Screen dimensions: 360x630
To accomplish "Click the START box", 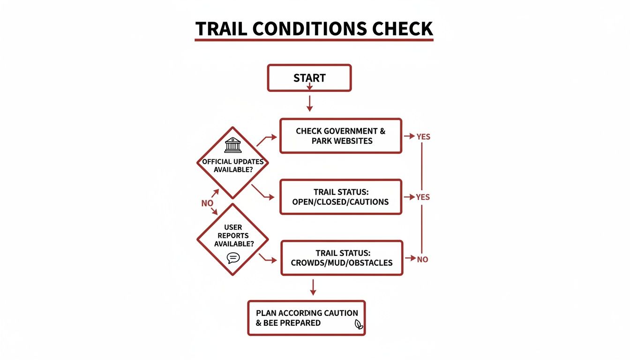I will tap(309, 77).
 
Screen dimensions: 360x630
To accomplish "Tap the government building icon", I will tap(233, 145).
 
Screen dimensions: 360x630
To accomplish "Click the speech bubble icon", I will tap(233, 258).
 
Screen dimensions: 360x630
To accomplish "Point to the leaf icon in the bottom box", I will tap(359, 324).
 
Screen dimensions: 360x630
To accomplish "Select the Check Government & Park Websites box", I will tap(340, 136).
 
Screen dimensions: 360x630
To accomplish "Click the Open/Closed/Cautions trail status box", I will tap(340, 197).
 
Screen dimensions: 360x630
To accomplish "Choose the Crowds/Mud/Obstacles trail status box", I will tap(341, 258).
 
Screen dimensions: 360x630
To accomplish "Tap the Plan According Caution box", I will tap(306, 318).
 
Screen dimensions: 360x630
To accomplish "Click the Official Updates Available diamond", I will tap(233, 163).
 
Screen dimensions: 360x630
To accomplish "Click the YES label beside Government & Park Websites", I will tap(423, 137).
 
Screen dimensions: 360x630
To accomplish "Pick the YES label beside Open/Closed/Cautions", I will tap(423, 197).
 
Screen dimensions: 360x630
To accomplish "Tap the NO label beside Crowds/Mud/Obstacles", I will tap(422, 259).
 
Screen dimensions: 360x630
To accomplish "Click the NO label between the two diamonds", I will tap(207, 203).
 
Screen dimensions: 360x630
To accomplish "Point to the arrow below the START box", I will tap(309, 103).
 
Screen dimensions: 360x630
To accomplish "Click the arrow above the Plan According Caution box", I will tap(313, 287).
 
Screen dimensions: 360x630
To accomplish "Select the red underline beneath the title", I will tap(314, 40).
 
